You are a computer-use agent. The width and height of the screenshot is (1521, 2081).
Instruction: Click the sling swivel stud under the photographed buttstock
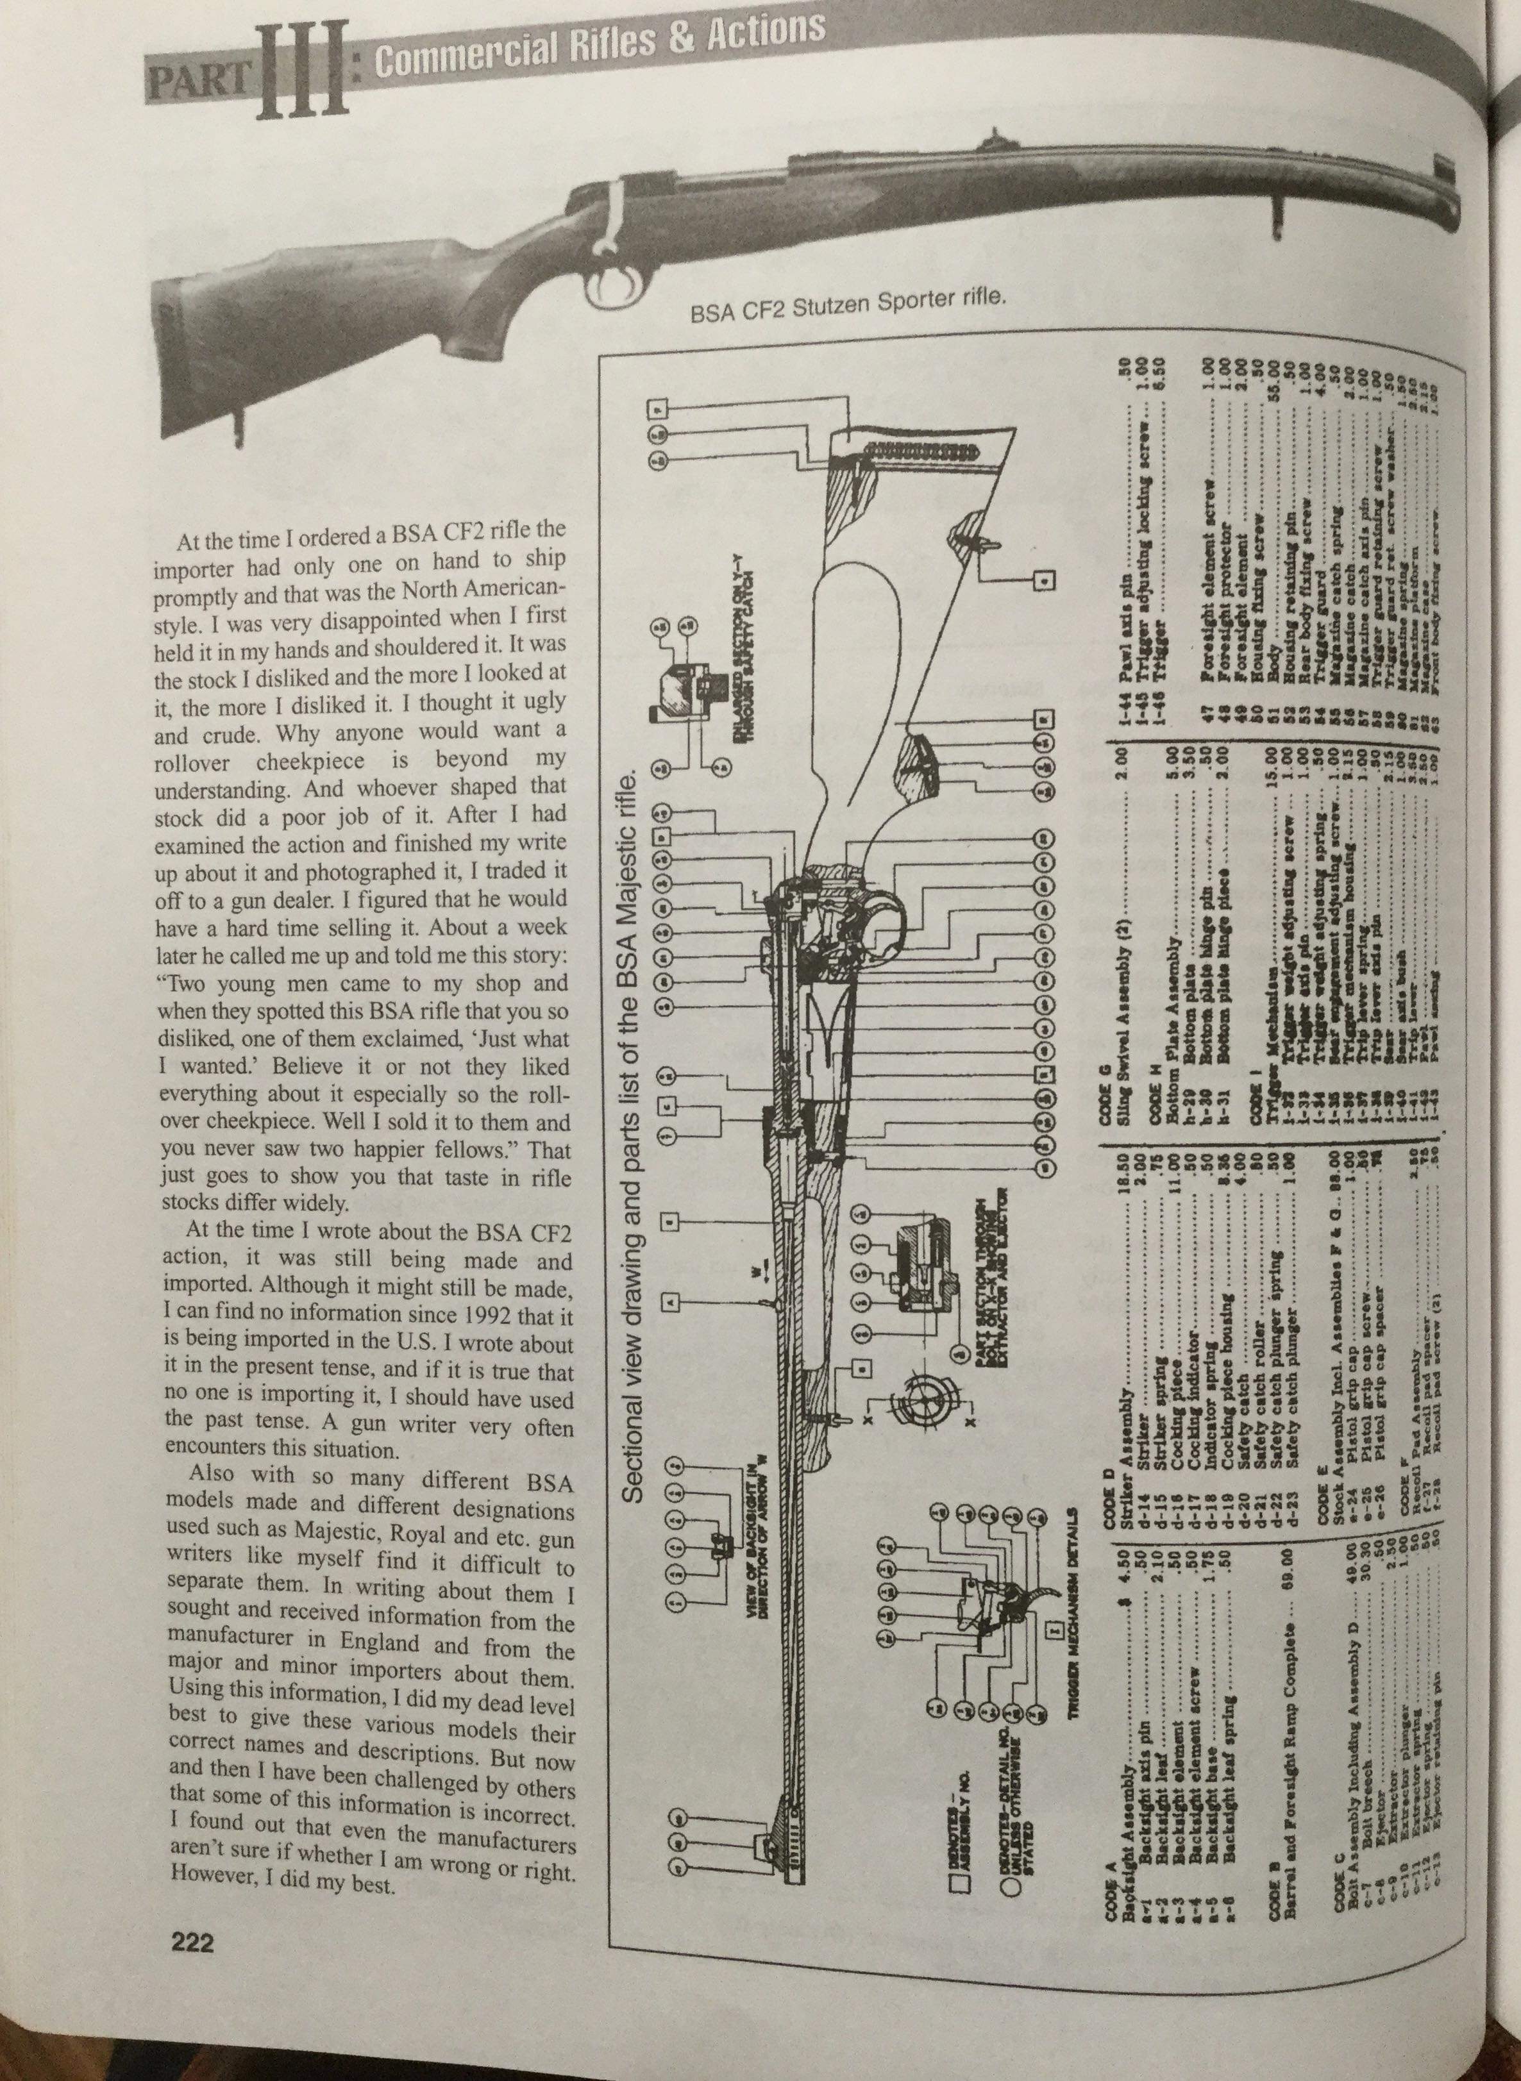click(241, 423)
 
